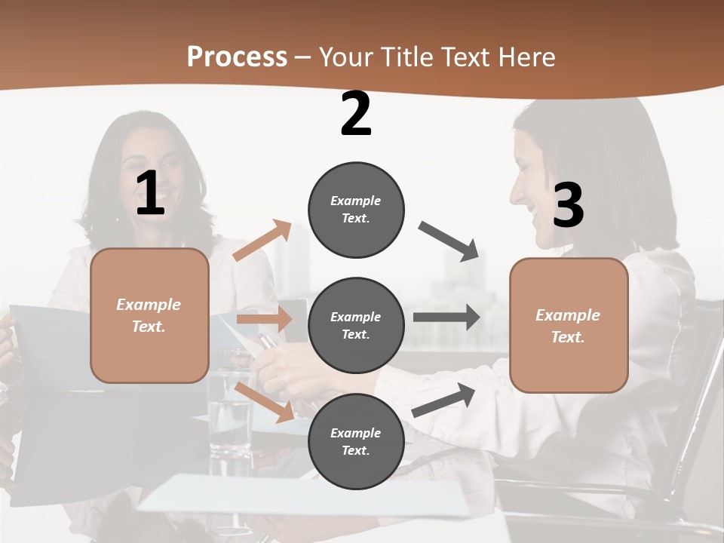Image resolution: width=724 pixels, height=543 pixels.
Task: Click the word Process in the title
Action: (237, 57)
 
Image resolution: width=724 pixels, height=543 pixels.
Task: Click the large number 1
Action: (150, 194)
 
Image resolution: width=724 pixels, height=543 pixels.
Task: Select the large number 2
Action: (356, 114)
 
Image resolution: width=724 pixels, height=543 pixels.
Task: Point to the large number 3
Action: (568, 205)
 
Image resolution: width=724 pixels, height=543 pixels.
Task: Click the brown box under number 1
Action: (149, 315)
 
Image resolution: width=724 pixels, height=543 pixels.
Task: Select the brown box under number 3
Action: (569, 325)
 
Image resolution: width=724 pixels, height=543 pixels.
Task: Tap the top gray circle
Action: (356, 210)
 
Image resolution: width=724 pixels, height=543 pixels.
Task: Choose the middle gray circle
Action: (356, 325)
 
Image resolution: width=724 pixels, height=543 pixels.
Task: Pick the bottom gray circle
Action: (356, 441)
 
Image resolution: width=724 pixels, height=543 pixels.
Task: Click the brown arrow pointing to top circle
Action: (262, 241)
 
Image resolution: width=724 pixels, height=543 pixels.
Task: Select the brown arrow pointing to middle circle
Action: (264, 319)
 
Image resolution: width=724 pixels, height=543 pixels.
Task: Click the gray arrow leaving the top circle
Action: (449, 241)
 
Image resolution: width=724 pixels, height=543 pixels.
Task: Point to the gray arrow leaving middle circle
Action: (446, 318)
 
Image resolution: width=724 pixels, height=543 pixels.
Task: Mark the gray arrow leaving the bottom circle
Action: (444, 400)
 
